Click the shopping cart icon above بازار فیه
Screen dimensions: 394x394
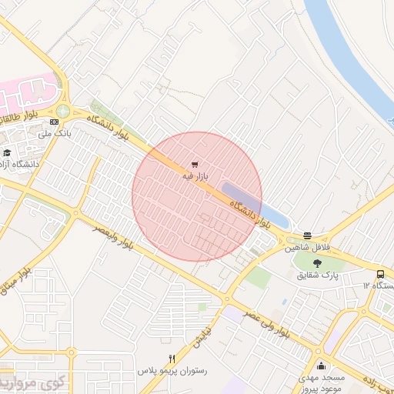tap(195, 165)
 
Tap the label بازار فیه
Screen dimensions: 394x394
tap(195, 177)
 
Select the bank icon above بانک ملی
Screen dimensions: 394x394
tap(54, 122)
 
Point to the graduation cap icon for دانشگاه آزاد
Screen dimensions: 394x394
tap(6, 152)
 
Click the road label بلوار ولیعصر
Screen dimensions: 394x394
tap(115, 239)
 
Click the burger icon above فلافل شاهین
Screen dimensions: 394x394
tap(308, 235)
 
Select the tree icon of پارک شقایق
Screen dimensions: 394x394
tap(318, 264)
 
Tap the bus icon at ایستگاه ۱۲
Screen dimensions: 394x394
tap(380, 275)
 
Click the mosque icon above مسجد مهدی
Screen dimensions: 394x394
tap(321, 366)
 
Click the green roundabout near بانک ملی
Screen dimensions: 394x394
tap(62, 112)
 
